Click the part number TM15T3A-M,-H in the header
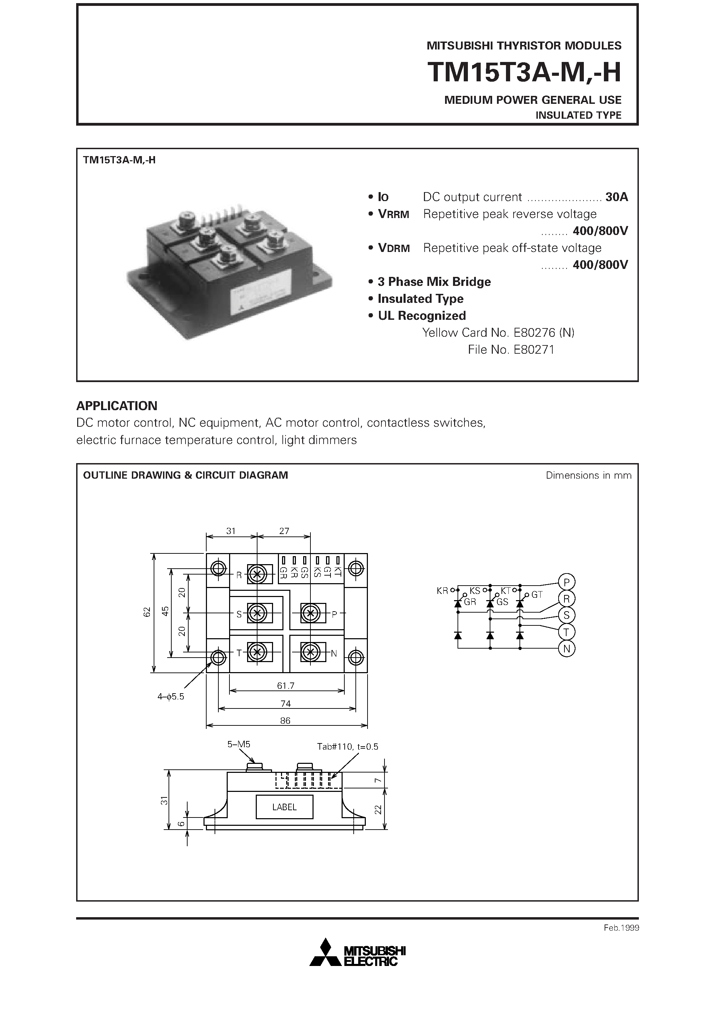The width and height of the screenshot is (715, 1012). (x=524, y=72)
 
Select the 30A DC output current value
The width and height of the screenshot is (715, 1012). (x=616, y=197)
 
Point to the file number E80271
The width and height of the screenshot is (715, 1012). (x=511, y=350)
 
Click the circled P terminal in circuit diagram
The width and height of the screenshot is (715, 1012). (x=567, y=582)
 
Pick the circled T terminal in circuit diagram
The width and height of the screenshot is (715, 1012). (x=567, y=632)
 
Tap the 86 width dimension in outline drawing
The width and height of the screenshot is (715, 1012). (x=285, y=721)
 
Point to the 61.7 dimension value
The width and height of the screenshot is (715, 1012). (x=286, y=686)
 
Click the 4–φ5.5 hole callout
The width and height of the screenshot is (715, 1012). (x=171, y=697)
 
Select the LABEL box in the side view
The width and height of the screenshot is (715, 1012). (x=284, y=807)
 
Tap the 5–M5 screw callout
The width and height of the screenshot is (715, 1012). (x=238, y=744)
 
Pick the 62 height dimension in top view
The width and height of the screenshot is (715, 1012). (x=147, y=612)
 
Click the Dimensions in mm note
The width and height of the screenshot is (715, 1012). (x=588, y=476)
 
